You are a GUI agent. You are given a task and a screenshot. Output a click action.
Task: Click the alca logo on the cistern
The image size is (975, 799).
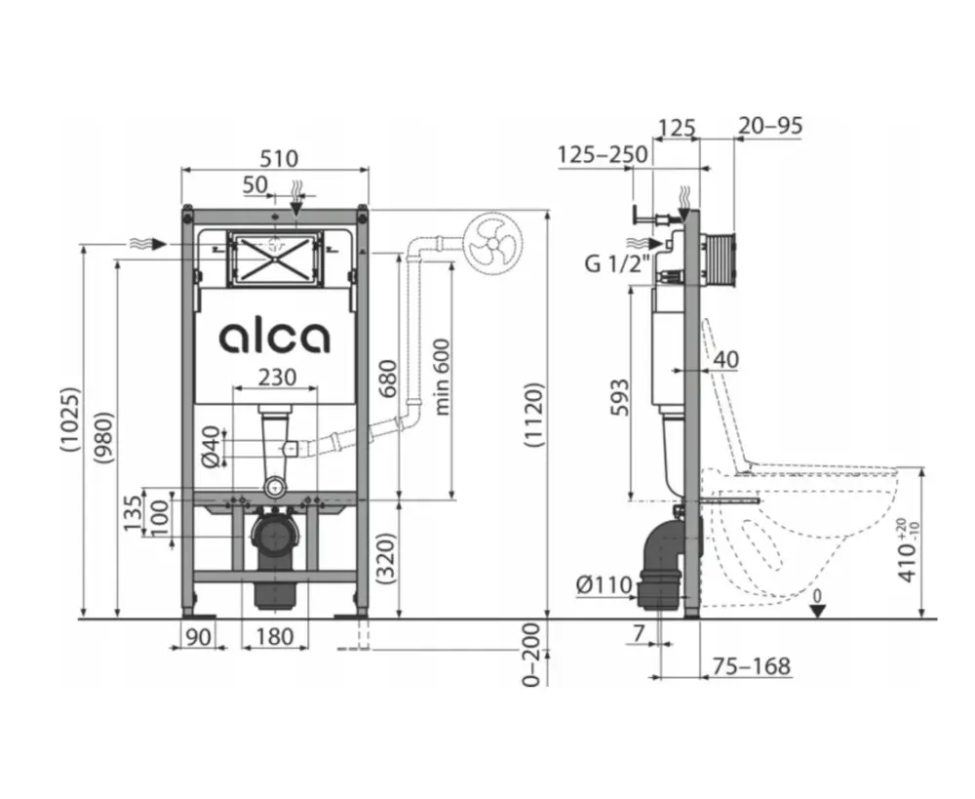tap(274, 338)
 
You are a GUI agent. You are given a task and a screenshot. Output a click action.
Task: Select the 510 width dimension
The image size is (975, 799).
tap(279, 158)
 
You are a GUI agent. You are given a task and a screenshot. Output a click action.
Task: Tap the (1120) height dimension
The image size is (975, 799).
tap(534, 415)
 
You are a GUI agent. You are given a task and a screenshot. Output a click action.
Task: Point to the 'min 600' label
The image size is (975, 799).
tap(442, 377)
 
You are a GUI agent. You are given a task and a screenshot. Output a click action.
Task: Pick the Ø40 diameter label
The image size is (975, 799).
tap(212, 446)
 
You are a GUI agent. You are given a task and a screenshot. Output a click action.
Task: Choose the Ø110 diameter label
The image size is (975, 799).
tap(604, 585)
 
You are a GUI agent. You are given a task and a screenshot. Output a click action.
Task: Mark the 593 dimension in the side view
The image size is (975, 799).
tap(619, 397)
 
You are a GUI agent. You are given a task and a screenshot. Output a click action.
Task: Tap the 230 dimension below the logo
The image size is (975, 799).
tap(277, 378)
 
